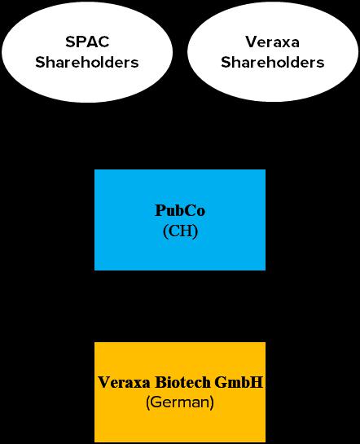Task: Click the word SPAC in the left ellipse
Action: pyautogui.click(x=87, y=42)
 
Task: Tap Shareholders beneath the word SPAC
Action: pyautogui.click(x=87, y=62)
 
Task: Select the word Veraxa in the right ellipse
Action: pyautogui.click(x=272, y=42)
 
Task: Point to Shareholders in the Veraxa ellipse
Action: pyautogui.click(x=273, y=62)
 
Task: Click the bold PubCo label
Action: pyautogui.click(x=180, y=210)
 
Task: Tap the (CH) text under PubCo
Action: pyautogui.click(x=180, y=231)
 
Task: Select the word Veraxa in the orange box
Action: pyautogui.click(x=124, y=382)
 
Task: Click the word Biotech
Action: pyautogui.click(x=183, y=382)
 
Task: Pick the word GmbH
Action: pyautogui.click(x=239, y=382)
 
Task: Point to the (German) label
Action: pyautogui.click(x=180, y=402)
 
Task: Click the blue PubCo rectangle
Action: pyautogui.click(x=180, y=220)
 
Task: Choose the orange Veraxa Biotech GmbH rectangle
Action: pyautogui.click(x=180, y=392)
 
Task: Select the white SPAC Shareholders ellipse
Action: pyautogui.click(x=87, y=52)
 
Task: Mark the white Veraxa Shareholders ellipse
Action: pyautogui.click(x=273, y=52)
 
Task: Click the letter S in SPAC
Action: pyautogui.click(x=70, y=42)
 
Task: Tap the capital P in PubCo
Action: pyautogui.click(x=160, y=210)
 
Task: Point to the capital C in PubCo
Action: pyautogui.click(x=189, y=210)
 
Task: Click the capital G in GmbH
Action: pyautogui.click(x=220, y=382)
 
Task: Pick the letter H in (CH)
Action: pyautogui.click(x=187, y=231)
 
